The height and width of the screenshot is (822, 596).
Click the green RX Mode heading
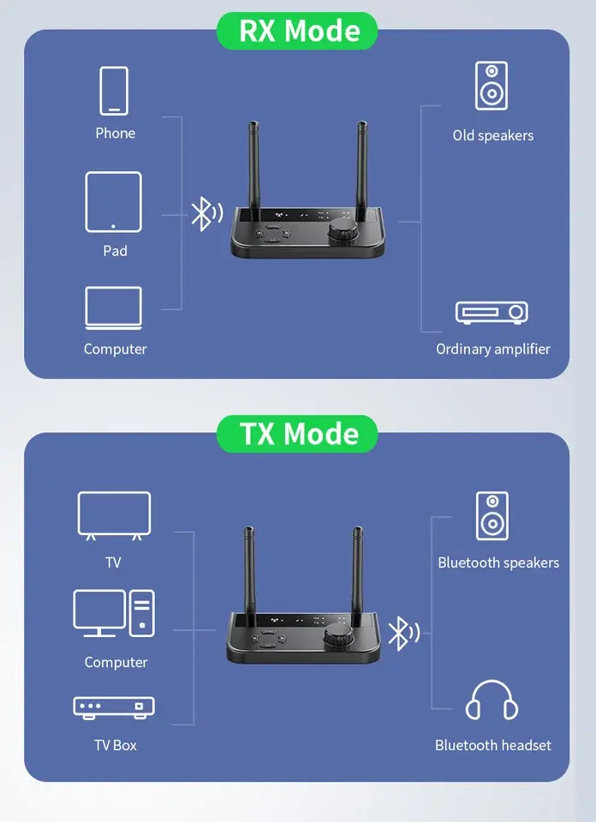[299, 31]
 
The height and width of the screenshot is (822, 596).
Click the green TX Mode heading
[297, 433]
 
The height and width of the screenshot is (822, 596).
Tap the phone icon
[114, 91]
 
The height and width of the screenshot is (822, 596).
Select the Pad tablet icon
[114, 202]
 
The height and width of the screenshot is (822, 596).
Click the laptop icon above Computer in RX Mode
[114, 307]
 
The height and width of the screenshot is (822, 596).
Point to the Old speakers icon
[492, 86]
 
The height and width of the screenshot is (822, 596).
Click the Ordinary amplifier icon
[492, 313]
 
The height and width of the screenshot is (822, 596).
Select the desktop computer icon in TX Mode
[114, 613]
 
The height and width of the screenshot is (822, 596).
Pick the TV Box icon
[114, 707]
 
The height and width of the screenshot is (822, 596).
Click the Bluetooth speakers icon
[492, 516]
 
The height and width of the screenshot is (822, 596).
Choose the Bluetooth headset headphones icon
[492, 700]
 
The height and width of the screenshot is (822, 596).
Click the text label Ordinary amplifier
[492, 349]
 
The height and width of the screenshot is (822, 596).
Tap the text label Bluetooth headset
[492, 745]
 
